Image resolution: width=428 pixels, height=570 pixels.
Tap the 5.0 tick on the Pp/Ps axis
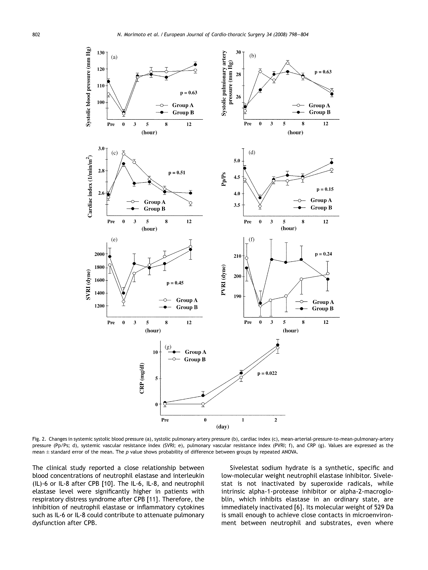coord(237,161)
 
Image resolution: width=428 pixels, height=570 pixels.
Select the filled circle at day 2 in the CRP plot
coord(278,345)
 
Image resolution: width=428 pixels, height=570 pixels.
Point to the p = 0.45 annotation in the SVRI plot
coord(175,283)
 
